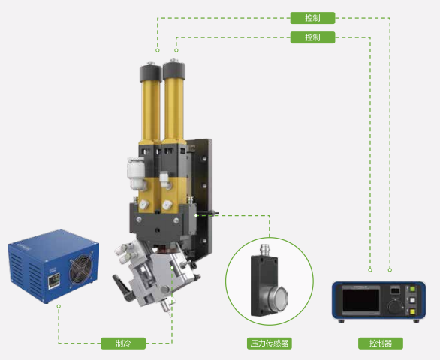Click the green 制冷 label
coord(123,343)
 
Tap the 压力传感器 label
coord(270,343)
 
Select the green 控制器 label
coord(381,343)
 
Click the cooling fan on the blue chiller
coord(81,268)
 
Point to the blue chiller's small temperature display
coord(53,280)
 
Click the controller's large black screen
coord(361,301)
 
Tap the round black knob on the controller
coord(395,306)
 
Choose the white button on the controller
coord(412,300)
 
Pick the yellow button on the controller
coord(412,311)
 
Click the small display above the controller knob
coord(395,290)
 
